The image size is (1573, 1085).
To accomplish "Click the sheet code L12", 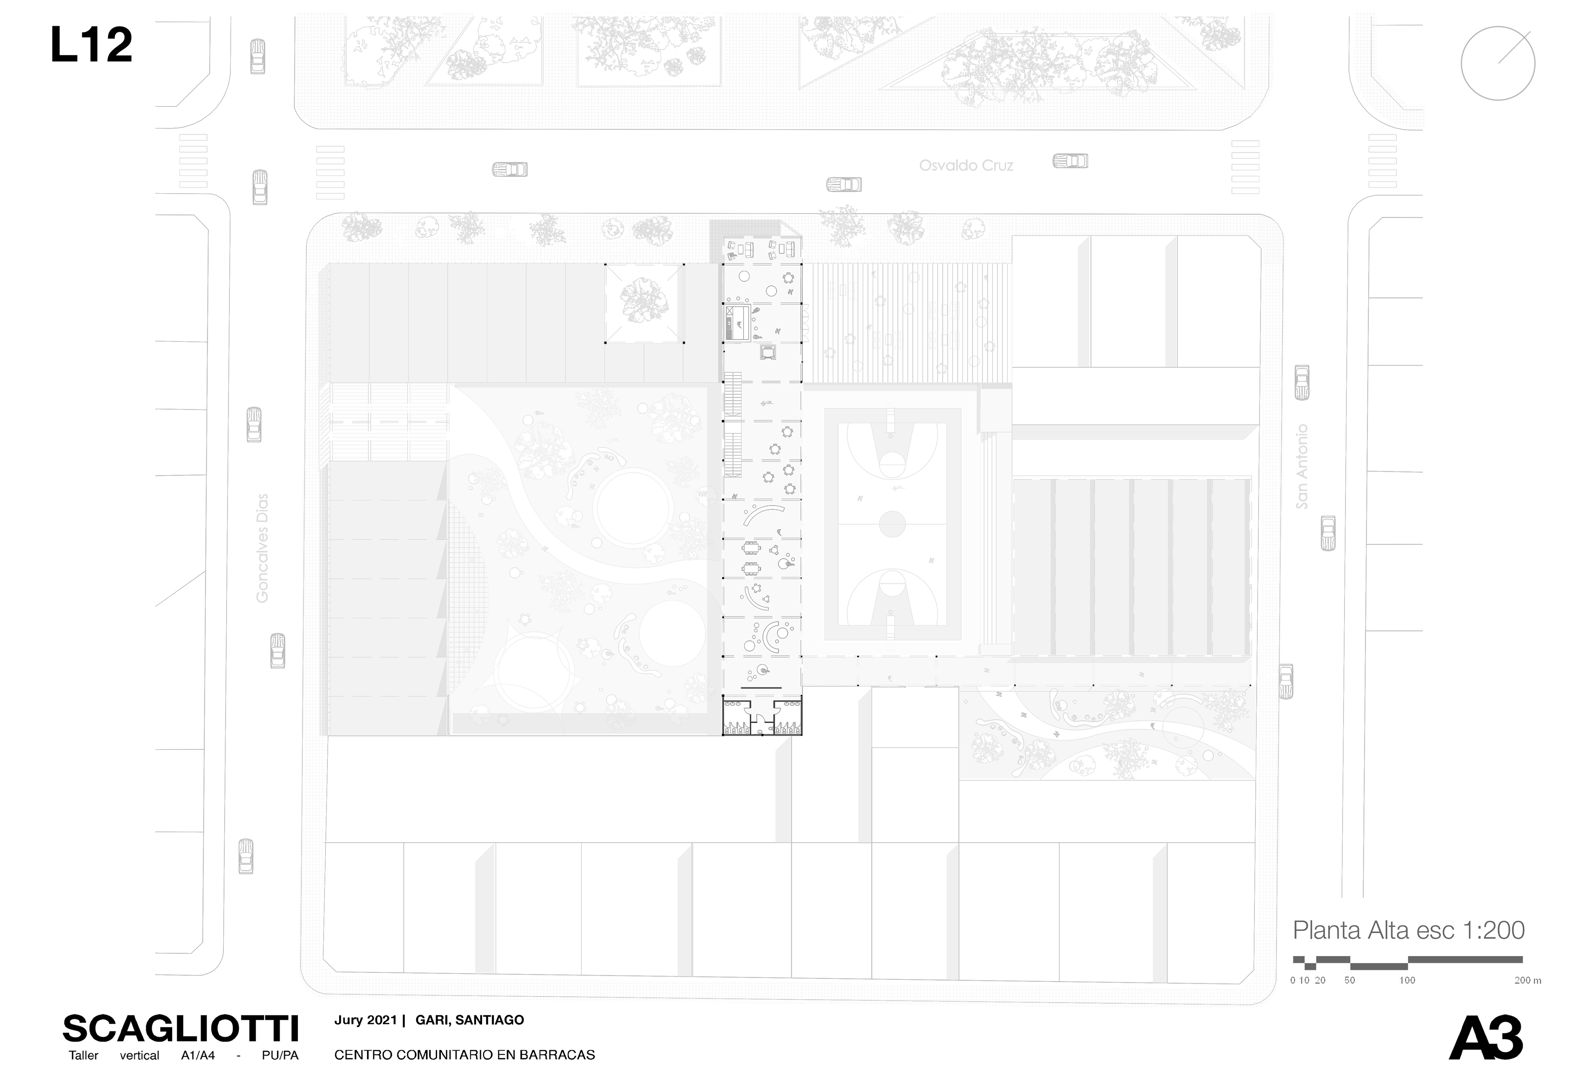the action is pos(91,45).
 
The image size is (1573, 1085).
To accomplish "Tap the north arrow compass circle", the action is pos(1498,63).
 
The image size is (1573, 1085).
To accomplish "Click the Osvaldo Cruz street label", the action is pos(966,165).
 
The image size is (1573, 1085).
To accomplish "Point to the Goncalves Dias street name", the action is pos(262,548).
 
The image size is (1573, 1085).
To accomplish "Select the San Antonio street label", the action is pos(1301,466).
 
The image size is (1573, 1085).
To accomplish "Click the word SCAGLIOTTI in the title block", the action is pos(180,1029).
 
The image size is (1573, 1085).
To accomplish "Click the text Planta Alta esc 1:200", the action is pos(1408,930).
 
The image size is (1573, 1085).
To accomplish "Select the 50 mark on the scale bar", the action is pos(1349,980).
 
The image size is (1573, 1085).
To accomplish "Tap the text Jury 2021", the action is pos(365,1020).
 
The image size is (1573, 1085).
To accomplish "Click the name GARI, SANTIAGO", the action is pos(469,1020).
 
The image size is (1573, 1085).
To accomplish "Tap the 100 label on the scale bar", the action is pos(1407,980).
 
